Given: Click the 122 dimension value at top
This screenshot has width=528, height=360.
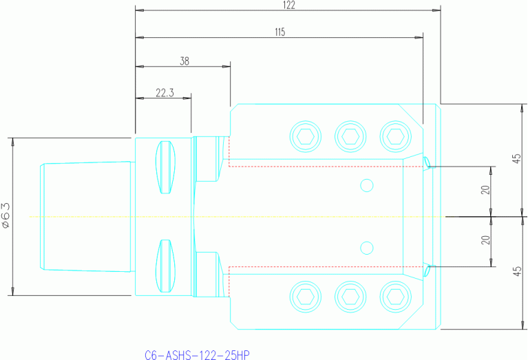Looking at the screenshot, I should [x=288, y=6].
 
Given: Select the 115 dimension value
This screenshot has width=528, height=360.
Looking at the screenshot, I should [x=279, y=32].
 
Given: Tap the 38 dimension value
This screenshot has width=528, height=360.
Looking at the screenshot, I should [x=184, y=61].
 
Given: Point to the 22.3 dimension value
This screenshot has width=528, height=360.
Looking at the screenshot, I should [x=164, y=92].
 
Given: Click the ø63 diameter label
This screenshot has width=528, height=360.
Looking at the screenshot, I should [x=6, y=215].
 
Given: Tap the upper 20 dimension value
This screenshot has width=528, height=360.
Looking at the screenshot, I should [x=485, y=191].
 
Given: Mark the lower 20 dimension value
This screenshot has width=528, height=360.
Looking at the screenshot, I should [x=485, y=241].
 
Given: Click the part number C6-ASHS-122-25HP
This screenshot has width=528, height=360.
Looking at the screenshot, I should [x=197, y=355].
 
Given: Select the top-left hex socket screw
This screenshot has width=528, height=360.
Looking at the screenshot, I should [x=306, y=136].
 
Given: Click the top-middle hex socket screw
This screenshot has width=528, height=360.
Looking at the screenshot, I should [x=350, y=136].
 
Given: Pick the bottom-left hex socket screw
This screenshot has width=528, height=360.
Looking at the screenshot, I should [x=306, y=297].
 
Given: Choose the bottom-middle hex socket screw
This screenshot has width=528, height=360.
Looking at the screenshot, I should [x=350, y=297].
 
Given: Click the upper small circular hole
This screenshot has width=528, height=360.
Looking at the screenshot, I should [x=367, y=185].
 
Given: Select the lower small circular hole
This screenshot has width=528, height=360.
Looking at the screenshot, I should [x=367, y=248].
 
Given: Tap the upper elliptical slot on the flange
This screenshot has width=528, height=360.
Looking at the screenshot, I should [x=165, y=167].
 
